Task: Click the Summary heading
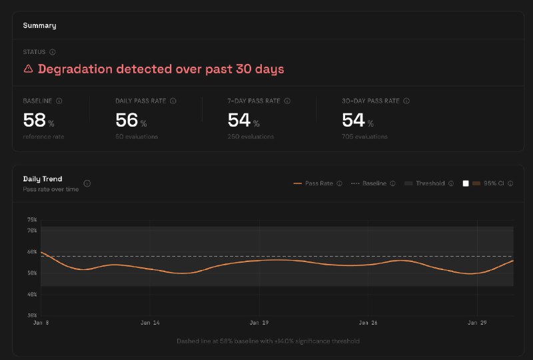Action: coord(39,25)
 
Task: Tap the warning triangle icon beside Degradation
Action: coord(28,69)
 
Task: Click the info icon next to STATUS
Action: coord(53,51)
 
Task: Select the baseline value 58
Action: coord(34,120)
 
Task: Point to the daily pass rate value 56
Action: coord(127,120)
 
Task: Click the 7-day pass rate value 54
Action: coord(239,120)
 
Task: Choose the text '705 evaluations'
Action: coord(364,137)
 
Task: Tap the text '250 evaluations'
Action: coord(251,137)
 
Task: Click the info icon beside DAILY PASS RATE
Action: coord(173,101)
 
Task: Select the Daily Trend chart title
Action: coord(43,179)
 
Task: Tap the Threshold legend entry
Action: coord(430,183)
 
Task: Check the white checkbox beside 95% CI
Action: coord(466,183)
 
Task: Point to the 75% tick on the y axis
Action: coord(31,219)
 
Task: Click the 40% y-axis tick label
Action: coord(31,294)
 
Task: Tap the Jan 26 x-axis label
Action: coord(368,323)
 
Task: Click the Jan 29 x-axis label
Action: coord(476,323)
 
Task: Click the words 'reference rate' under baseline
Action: coord(43,137)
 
